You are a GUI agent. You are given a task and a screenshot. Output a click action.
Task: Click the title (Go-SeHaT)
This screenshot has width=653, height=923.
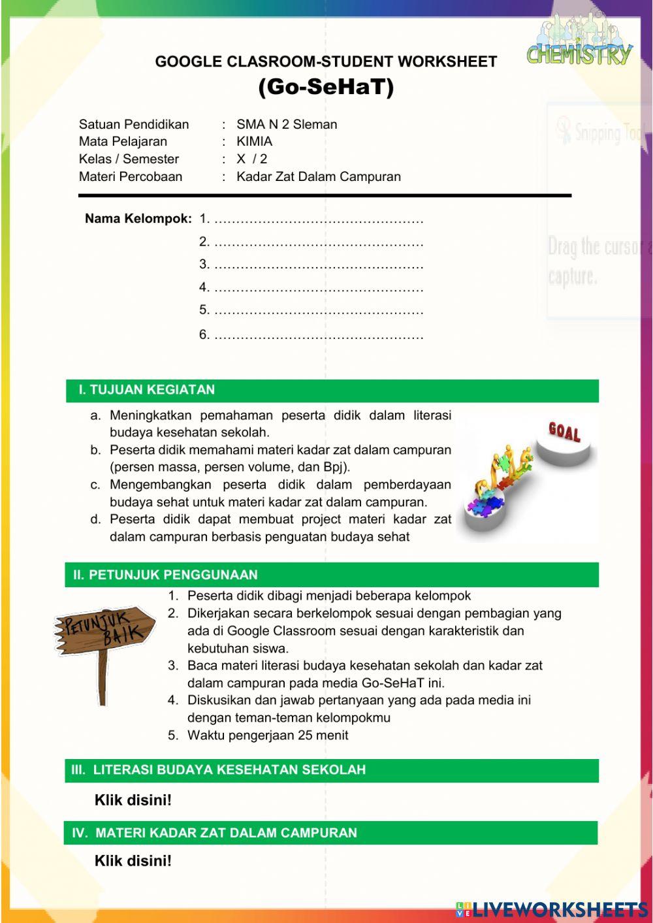click(x=326, y=87)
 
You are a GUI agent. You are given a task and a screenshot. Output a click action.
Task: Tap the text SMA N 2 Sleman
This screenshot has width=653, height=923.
click(x=287, y=124)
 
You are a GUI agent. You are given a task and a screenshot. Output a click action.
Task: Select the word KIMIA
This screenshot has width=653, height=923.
click(x=254, y=141)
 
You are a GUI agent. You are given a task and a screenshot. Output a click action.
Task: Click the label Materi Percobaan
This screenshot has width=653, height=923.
click(x=131, y=176)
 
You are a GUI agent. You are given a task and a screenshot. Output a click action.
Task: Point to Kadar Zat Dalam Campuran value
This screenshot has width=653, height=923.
click(x=319, y=176)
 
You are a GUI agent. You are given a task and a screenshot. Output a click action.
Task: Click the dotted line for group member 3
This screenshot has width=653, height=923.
click(x=319, y=265)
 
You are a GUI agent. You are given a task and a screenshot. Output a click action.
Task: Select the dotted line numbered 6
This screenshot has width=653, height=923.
click(x=319, y=336)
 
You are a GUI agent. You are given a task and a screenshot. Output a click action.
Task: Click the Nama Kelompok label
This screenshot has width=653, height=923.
click(x=138, y=219)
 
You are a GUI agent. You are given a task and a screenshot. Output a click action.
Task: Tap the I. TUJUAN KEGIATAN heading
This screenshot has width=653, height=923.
click(x=147, y=390)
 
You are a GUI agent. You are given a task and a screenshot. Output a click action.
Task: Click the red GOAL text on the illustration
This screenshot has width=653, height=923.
click(x=564, y=431)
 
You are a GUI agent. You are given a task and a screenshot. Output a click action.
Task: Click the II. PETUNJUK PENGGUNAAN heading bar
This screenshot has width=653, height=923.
click(x=165, y=575)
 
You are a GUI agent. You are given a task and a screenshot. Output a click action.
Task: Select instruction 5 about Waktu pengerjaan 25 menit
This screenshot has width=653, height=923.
click(x=268, y=735)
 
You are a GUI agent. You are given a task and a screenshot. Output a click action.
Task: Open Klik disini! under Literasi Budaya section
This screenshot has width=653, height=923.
click(x=133, y=800)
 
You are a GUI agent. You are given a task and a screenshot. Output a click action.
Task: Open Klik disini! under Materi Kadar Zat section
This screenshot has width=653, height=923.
click(x=133, y=861)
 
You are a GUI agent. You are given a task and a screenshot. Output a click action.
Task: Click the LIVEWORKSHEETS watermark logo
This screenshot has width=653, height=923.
click(x=552, y=909)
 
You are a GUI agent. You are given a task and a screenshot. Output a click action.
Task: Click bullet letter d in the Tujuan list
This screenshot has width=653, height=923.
click(x=96, y=520)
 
